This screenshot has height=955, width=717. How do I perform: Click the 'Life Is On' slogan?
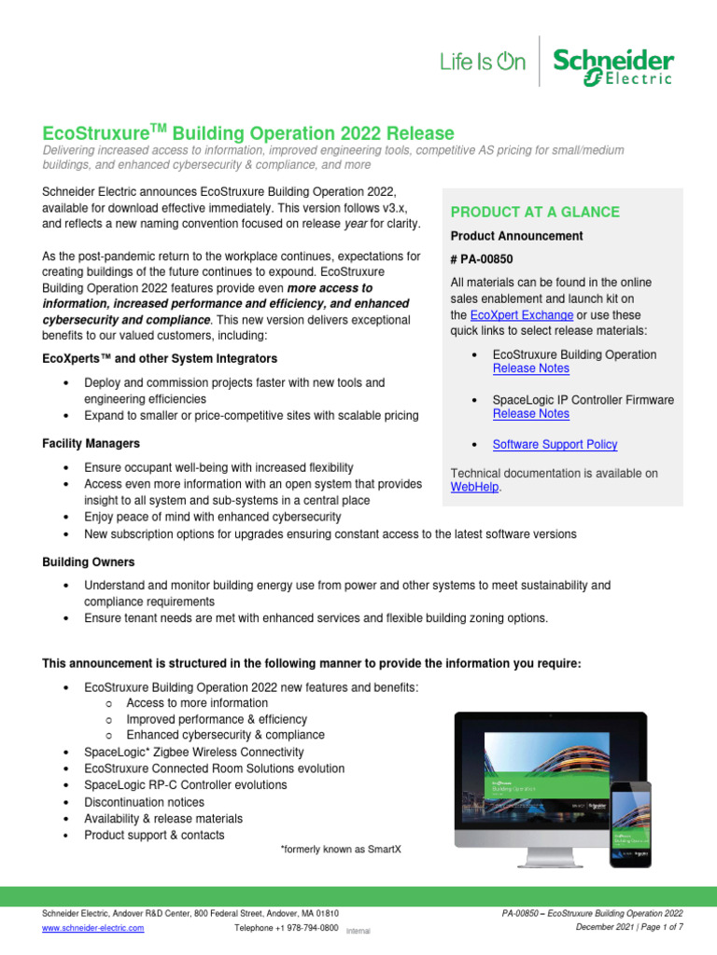(x=483, y=62)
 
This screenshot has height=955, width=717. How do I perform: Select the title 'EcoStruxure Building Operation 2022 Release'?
(x=248, y=133)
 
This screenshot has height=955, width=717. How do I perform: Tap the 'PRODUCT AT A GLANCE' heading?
(x=534, y=212)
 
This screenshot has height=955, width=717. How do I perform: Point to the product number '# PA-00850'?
(x=482, y=259)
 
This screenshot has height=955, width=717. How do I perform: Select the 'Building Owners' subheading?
(x=89, y=562)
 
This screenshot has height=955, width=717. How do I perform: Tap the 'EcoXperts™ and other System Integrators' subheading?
(x=160, y=358)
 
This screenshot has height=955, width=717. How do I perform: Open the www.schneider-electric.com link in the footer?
(x=93, y=929)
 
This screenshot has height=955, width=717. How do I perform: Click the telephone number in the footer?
(x=286, y=929)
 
